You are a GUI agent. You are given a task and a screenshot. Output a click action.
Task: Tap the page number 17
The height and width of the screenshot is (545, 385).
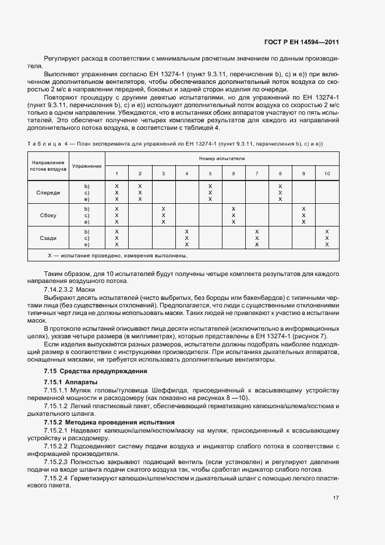click(335, 498)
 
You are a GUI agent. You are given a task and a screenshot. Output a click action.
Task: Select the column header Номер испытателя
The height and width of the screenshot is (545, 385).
click(222, 158)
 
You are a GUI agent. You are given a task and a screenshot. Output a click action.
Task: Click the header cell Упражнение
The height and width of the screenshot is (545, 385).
click(87, 166)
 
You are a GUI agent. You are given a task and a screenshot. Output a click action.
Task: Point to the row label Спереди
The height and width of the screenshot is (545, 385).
click(48, 193)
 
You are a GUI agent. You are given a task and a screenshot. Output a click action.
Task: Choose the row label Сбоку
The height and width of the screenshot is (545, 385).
click(48, 215)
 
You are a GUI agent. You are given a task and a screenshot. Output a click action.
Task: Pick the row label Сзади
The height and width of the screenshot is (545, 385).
click(48, 238)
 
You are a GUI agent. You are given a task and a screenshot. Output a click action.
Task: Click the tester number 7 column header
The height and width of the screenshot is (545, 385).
click(257, 174)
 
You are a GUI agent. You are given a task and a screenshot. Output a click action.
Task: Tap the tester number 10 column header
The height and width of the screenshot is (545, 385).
click(327, 174)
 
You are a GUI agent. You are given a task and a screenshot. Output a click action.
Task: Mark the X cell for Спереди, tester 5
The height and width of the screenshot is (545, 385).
click(210, 192)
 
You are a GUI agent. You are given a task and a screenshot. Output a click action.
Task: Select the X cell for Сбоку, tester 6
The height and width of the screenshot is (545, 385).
click(234, 215)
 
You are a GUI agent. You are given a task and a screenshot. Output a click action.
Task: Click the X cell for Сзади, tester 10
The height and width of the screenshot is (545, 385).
click(327, 238)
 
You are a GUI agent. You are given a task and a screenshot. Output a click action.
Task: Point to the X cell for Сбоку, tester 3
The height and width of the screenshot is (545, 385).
click(164, 215)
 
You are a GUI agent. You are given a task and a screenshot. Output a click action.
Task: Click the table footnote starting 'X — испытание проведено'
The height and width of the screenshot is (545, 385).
click(121, 256)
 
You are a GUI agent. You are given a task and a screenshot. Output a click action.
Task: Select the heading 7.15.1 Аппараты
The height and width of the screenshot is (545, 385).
click(66, 382)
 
